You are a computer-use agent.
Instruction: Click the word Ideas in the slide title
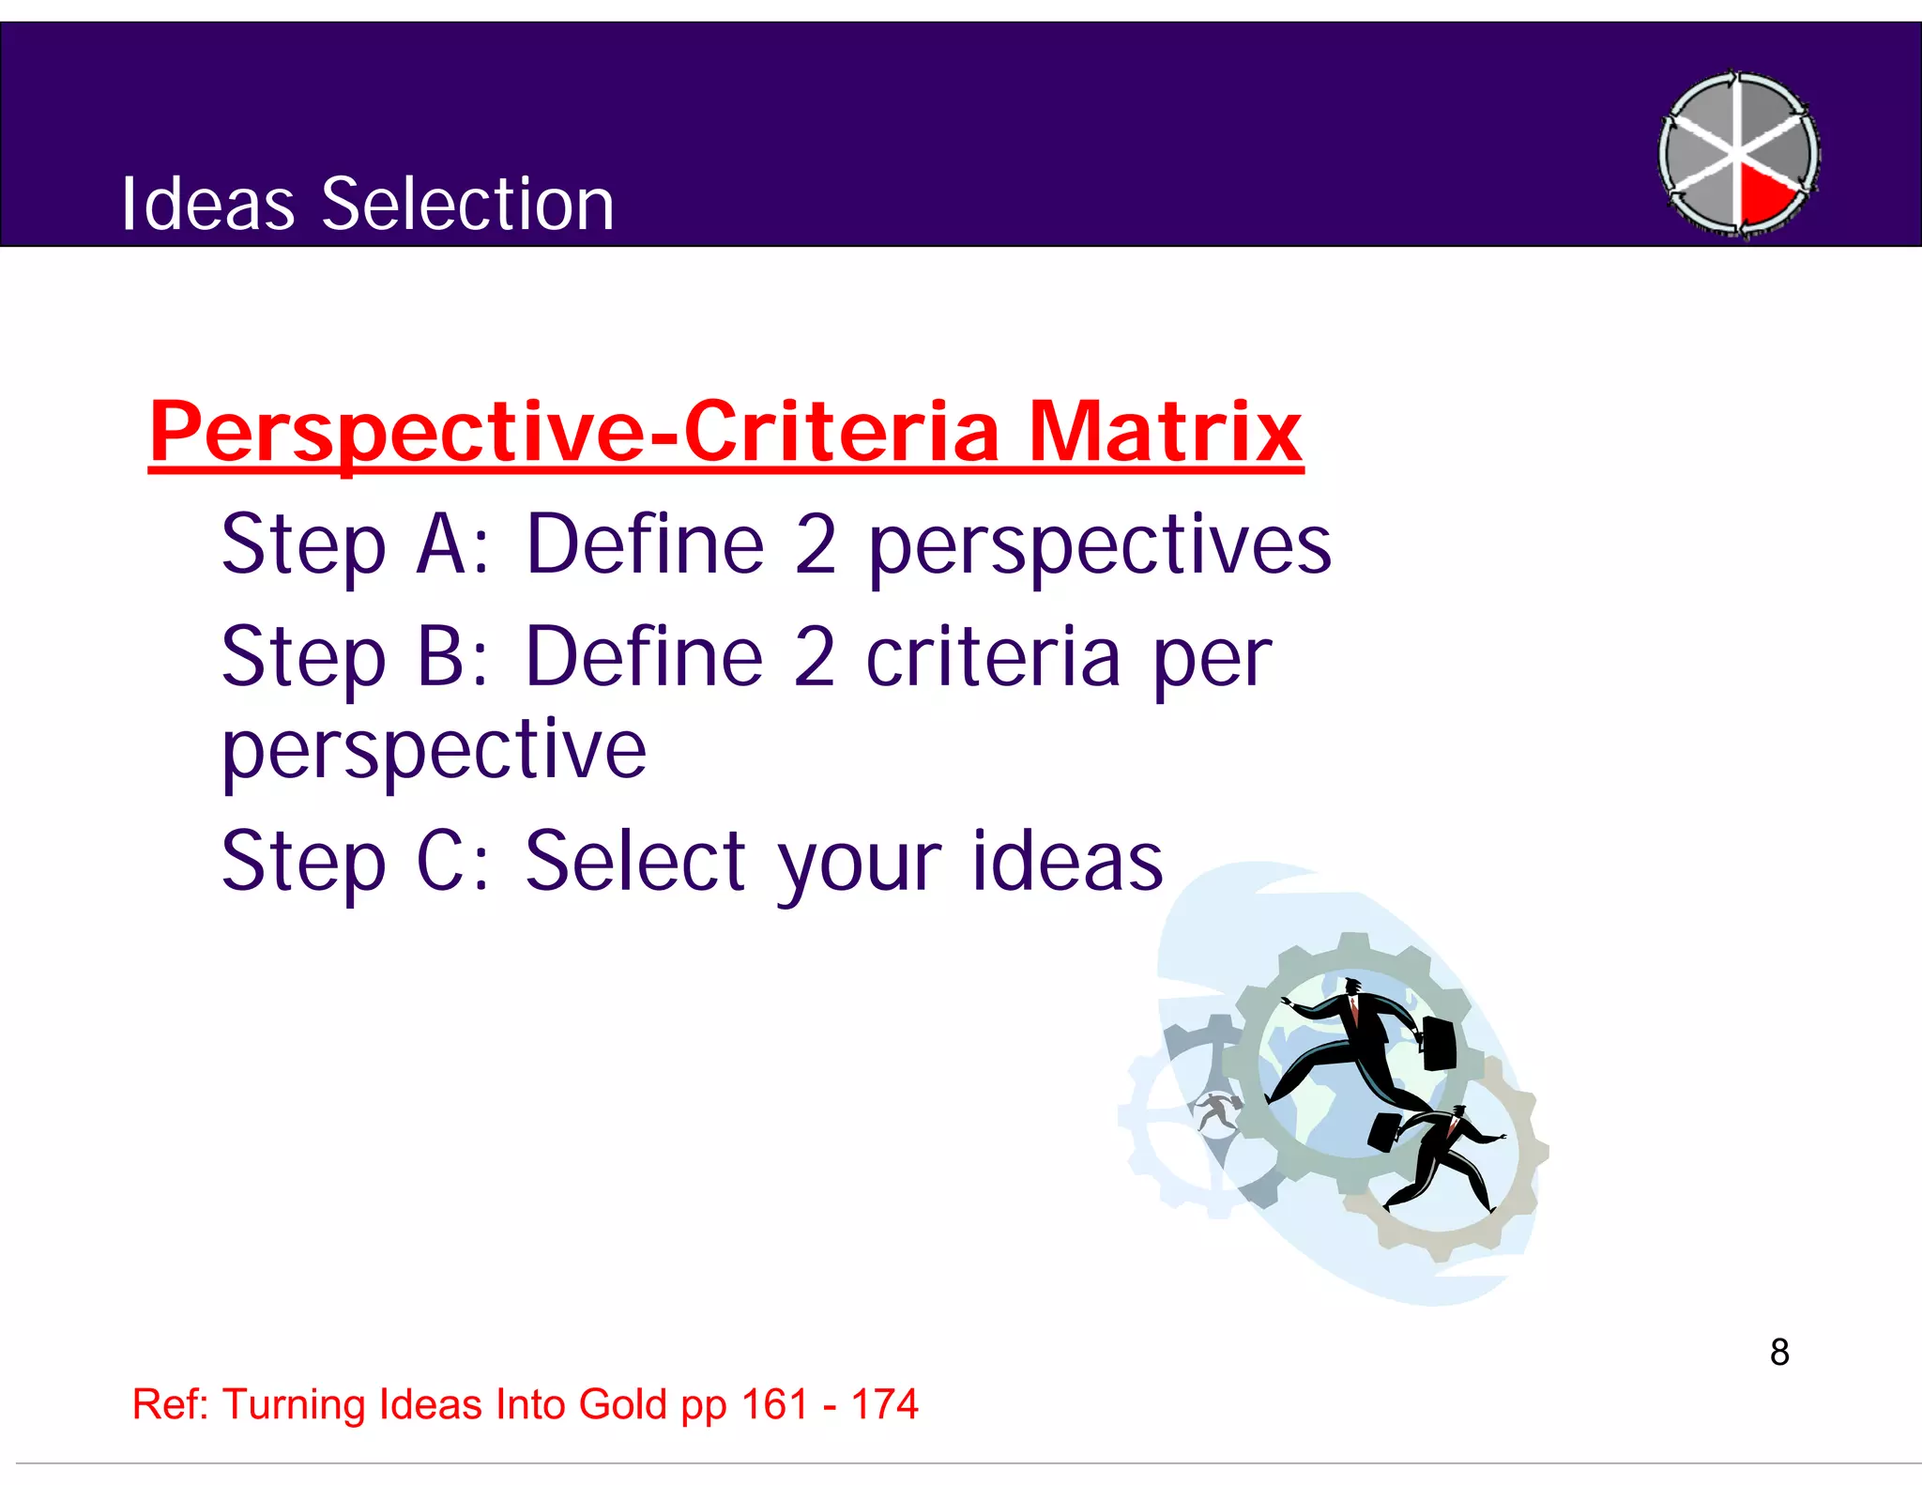[208, 204]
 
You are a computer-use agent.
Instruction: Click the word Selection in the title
[467, 204]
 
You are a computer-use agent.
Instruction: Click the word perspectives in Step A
[1099, 546]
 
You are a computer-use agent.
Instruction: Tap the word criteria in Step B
[993, 656]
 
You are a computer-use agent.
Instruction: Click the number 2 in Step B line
[814, 656]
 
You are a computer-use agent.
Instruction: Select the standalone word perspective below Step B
[434, 751]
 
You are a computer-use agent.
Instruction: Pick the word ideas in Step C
[1067, 861]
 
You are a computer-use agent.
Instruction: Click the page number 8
[1778, 1353]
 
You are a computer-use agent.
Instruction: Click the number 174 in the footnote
[884, 1404]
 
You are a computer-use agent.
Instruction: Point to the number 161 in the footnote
[774, 1404]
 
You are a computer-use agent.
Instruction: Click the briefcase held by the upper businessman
[1438, 1042]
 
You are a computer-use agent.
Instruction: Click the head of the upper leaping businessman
[1351, 987]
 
